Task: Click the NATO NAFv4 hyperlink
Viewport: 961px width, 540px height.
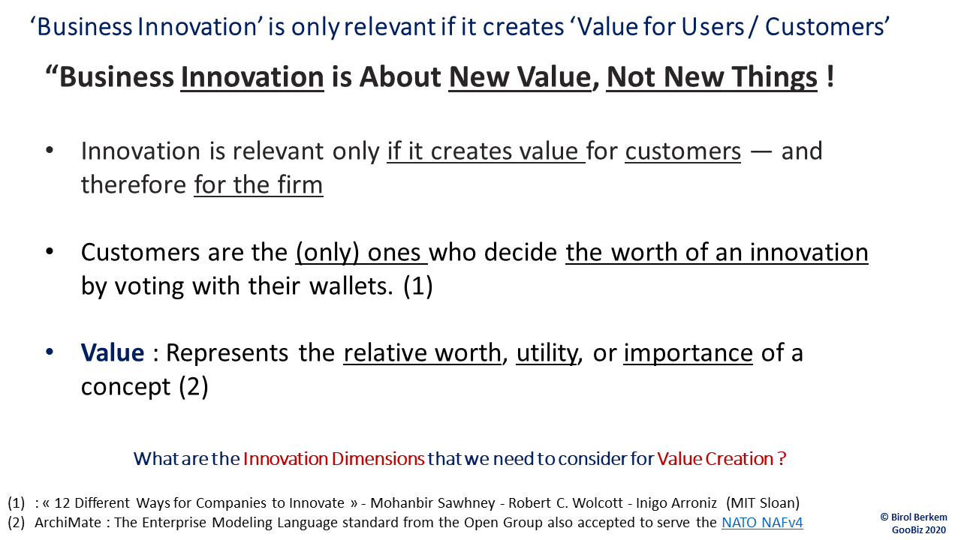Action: (762, 523)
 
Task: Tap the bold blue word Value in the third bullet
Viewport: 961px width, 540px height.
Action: (113, 352)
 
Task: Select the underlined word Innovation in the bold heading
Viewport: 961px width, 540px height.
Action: (252, 77)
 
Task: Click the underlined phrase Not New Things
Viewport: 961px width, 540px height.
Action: (711, 77)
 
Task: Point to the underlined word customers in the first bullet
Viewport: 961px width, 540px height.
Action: (683, 151)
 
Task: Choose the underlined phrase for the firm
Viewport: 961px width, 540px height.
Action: (258, 184)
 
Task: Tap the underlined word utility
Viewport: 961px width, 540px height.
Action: (547, 352)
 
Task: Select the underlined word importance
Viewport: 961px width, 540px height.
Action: (688, 352)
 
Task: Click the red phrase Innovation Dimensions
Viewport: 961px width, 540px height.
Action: (333, 458)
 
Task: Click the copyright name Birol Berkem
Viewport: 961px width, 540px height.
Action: (918, 517)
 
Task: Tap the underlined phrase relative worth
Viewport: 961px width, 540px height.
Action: (422, 352)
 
